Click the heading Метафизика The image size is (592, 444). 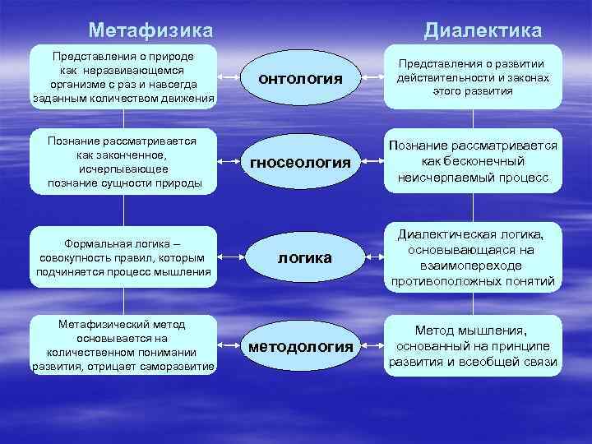(150, 30)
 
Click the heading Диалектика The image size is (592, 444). (483, 30)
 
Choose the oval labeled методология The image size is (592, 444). (301, 346)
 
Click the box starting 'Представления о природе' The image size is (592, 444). (123, 77)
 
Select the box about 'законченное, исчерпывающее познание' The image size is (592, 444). (124, 160)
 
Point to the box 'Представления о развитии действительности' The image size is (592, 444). (472, 78)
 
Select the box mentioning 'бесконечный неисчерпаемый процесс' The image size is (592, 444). (472, 161)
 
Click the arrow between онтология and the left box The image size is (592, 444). (233, 79)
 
